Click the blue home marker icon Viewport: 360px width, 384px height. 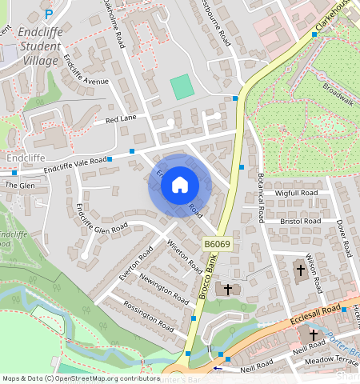click(179, 186)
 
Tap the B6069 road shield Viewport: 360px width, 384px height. click(217, 243)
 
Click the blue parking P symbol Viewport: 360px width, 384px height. click(49, 14)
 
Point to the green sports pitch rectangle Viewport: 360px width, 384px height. click(183, 86)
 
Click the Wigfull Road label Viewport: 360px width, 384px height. click(296, 194)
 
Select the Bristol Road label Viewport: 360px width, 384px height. click(300, 220)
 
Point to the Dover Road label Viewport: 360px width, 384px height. click(342, 238)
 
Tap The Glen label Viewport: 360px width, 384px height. click(20, 185)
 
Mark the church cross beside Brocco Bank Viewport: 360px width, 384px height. click(228, 288)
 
